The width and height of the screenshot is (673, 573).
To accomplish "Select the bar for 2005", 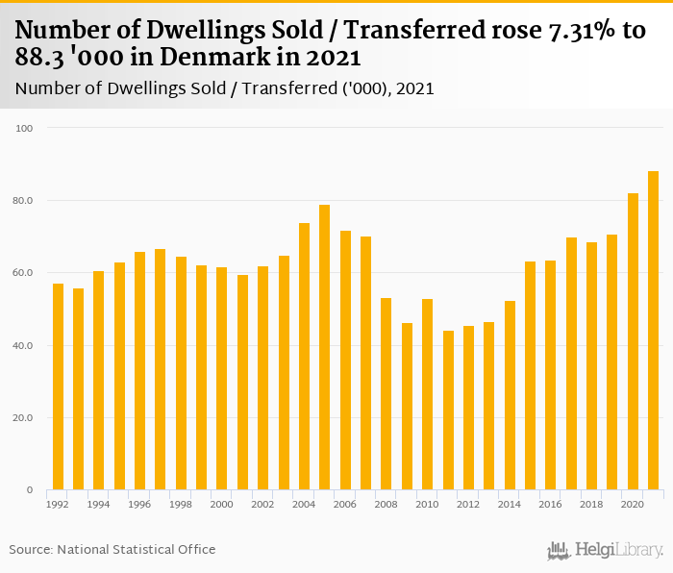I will point(325,347).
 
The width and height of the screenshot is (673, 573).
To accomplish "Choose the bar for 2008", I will point(386,394).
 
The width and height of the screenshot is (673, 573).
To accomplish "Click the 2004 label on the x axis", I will point(304,503).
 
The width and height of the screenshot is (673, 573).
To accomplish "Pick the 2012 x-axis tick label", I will point(468,503).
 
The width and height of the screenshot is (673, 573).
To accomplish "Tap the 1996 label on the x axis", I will point(139,503).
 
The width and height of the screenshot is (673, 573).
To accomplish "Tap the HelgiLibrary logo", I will point(606,550).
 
